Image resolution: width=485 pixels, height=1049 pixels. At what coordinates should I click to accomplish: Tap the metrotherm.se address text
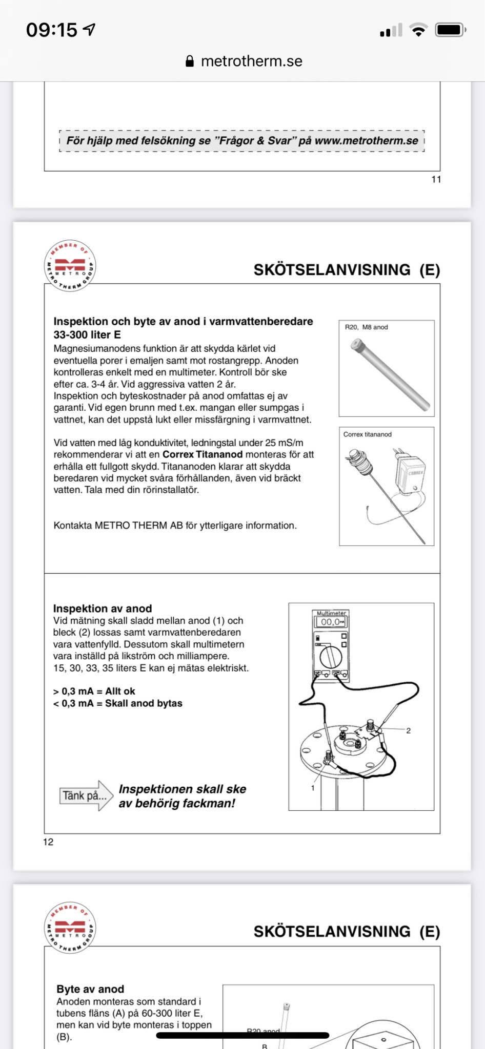251,61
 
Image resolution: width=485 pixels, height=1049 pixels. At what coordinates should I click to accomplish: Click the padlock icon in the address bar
190,61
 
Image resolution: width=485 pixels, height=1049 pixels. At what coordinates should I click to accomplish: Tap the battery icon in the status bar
451,30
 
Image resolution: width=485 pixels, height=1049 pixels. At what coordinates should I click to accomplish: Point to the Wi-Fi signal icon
419,30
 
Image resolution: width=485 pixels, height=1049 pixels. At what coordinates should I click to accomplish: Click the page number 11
436,179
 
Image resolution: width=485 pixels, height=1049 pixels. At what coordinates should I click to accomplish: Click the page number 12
48,842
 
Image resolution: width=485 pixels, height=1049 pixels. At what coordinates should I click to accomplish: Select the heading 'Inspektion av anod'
103,609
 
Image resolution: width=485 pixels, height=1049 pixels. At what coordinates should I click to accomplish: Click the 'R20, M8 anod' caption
366,327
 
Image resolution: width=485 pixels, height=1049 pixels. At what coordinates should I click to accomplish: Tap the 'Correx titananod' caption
368,434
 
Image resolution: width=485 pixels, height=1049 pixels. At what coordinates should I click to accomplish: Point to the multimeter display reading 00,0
331,622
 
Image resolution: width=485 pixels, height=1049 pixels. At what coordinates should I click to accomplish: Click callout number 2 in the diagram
409,731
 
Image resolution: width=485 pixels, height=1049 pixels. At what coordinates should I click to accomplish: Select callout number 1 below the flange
313,788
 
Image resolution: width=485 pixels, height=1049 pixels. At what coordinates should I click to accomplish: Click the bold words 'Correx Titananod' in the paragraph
203,454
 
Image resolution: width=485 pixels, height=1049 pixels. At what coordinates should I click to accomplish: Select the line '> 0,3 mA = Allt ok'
94,691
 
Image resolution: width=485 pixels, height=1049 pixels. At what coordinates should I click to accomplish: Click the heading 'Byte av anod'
90,989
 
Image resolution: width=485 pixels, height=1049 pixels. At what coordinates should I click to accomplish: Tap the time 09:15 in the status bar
51,30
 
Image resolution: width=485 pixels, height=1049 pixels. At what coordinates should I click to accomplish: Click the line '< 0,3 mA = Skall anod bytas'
118,703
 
